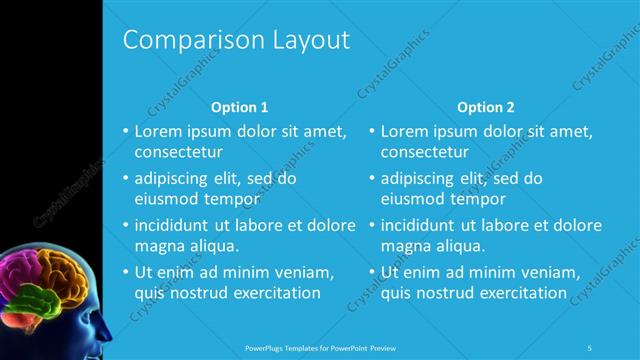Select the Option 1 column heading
coord(240,107)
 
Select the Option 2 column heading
coord(486,107)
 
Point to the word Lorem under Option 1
coord(158,131)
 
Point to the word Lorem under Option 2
coord(404,131)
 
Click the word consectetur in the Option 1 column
coord(178,152)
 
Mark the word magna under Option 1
coord(158,245)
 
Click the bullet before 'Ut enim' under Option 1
coord(125,272)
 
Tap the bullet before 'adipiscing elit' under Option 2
coord(371,178)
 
